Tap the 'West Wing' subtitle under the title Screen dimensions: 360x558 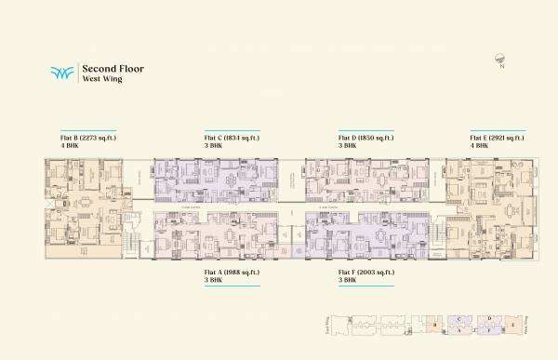point(100,79)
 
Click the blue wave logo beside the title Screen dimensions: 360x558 point(62,73)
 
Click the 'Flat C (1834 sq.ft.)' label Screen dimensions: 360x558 point(232,137)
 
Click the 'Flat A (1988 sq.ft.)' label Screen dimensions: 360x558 point(232,272)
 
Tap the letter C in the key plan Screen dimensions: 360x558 point(458,318)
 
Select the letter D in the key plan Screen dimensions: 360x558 point(488,318)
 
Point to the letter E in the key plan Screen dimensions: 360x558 point(512,324)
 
